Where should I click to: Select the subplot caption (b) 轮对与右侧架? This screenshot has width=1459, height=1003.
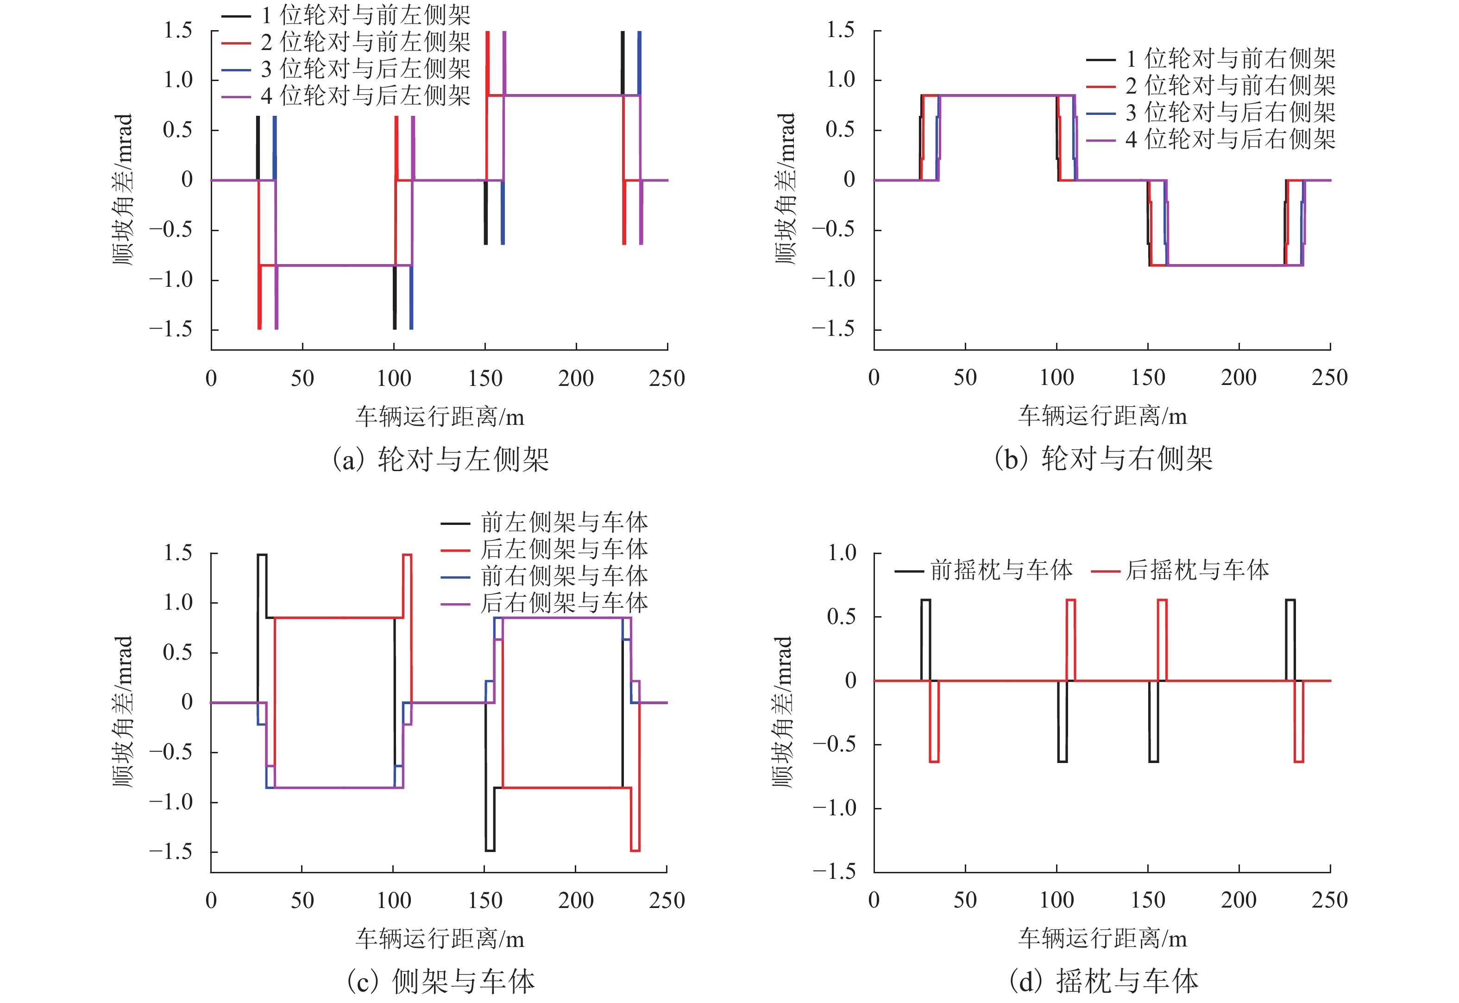pos(1103,459)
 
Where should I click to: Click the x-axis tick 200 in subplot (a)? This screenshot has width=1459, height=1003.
pos(576,378)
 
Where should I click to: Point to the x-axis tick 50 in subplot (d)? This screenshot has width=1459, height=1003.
pos(965,900)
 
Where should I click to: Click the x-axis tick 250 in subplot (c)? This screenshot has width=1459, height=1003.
pos(667,901)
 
